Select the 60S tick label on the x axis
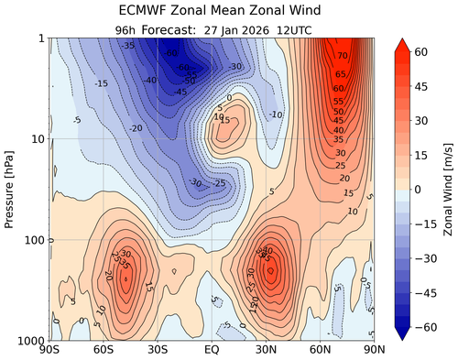click(103, 350)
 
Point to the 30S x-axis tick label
click(157, 350)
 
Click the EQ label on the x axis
click(212, 350)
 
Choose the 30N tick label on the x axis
click(267, 350)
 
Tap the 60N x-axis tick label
click(321, 350)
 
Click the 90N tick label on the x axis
click(374, 350)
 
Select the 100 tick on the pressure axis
click(33, 240)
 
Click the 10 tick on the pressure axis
click(37, 139)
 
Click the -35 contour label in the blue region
click(127, 45)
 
